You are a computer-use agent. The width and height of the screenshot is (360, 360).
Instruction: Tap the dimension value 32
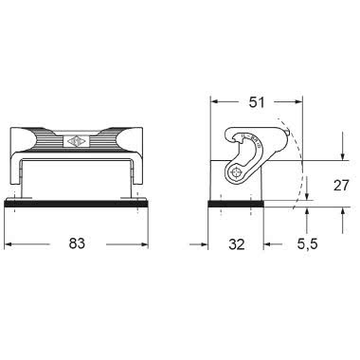coord(237,243)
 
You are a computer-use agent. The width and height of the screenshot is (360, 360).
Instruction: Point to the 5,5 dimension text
coord(305,243)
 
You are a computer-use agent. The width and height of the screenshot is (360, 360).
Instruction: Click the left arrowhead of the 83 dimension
coord(9,243)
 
